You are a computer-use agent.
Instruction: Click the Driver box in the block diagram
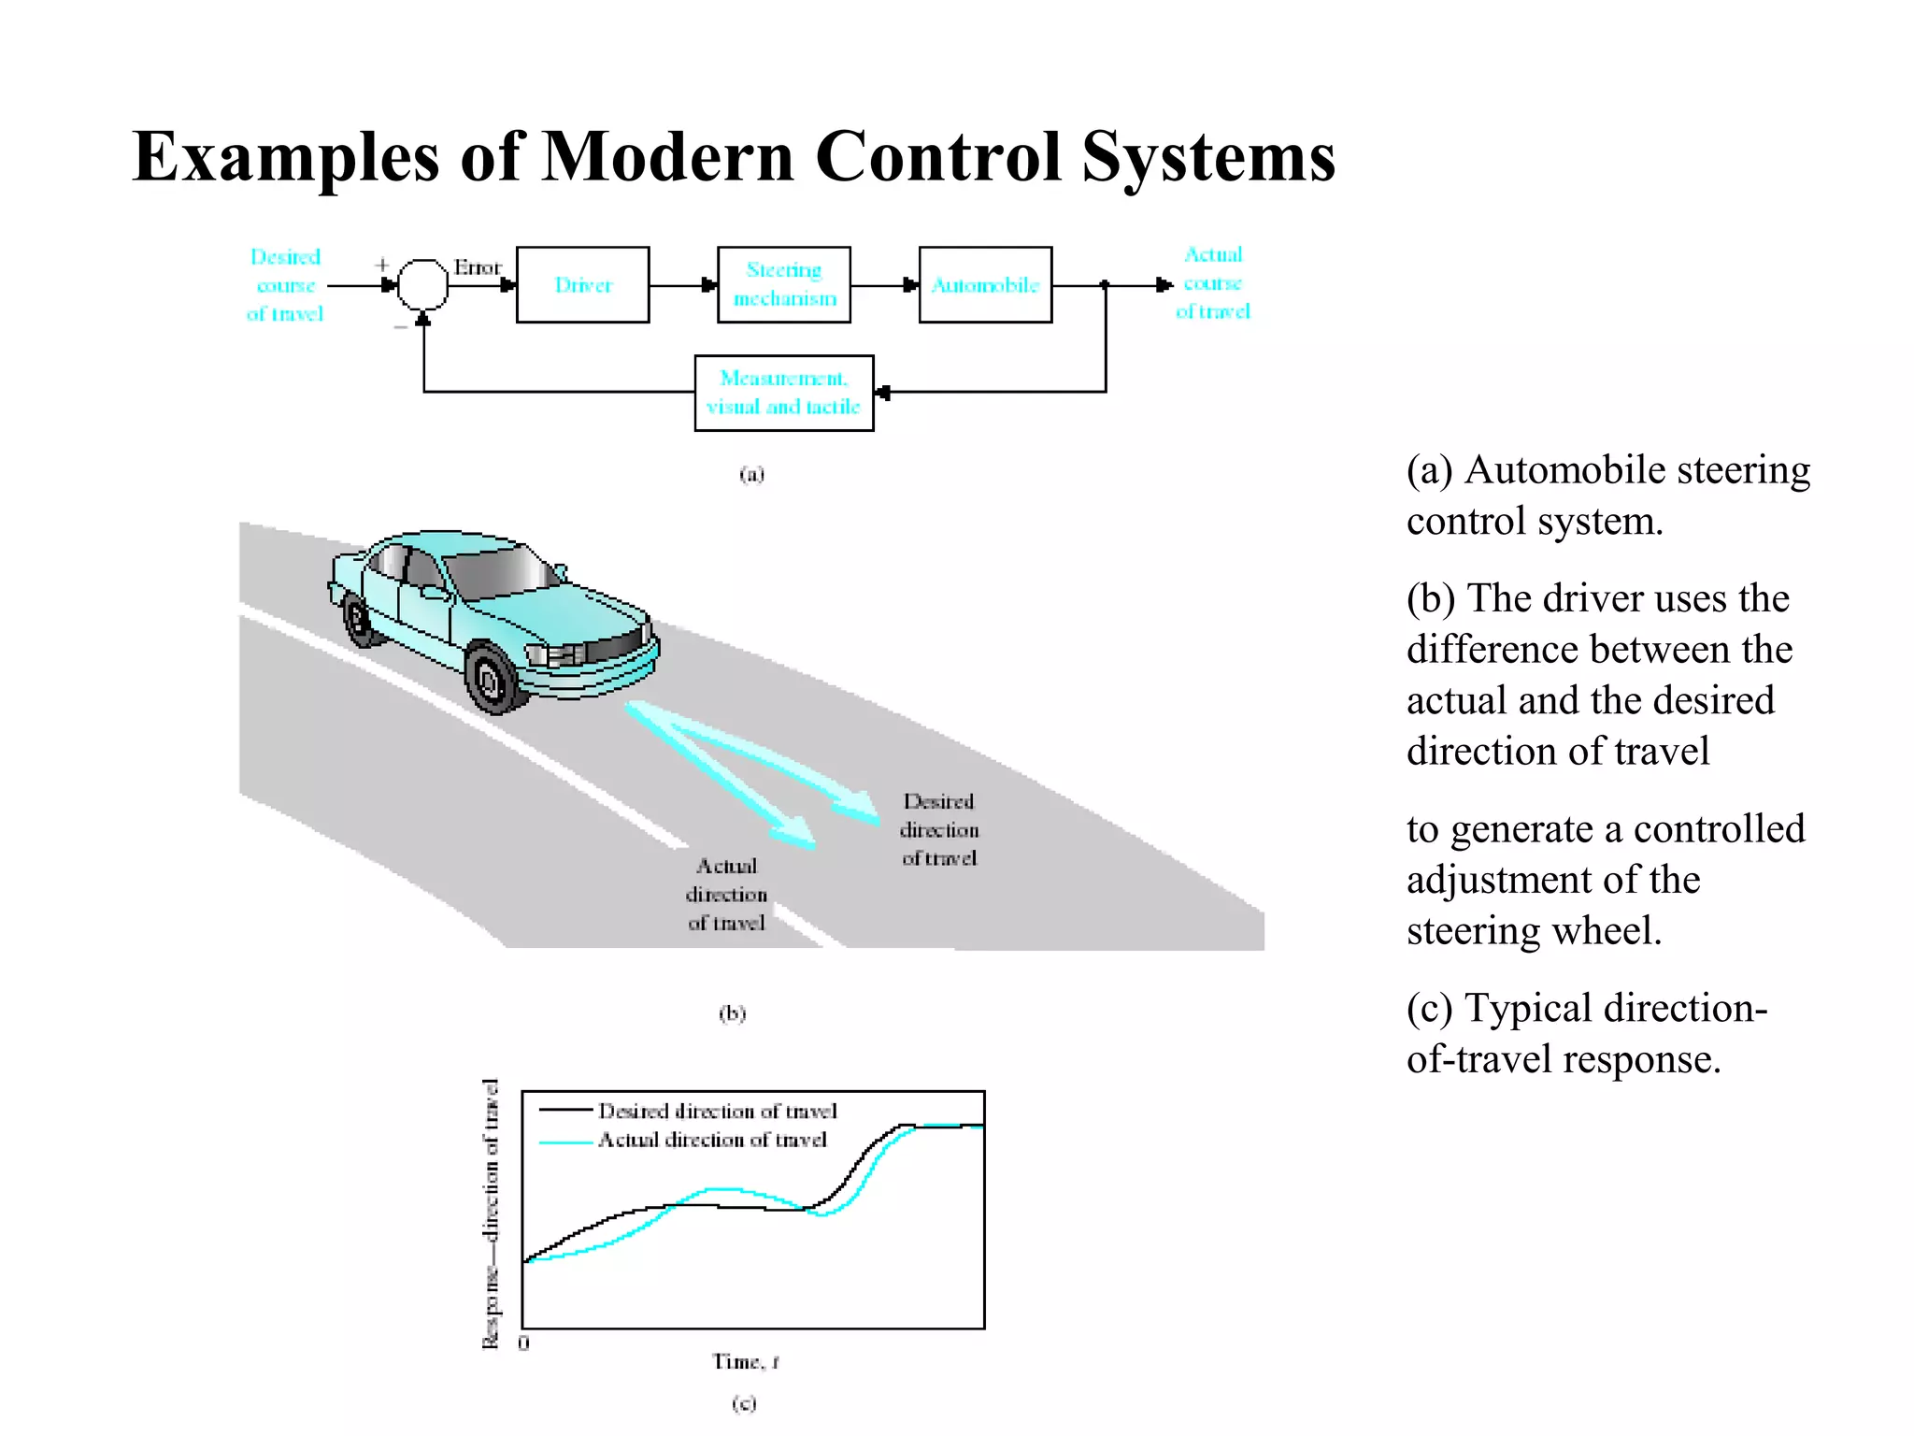tap(582, 284)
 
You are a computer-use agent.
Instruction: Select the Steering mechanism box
tap(783, 284)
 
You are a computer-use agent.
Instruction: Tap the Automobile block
tap(985, 284)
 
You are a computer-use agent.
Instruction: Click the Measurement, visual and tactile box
tap(783, 393)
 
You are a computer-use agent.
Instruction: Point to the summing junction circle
tap(422, 284)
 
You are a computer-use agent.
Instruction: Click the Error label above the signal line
tap(478, 267)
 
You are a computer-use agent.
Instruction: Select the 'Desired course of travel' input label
tap(285, 284)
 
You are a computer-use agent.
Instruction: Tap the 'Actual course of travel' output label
tap(1212, 282)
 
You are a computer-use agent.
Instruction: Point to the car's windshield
tap(500, 570)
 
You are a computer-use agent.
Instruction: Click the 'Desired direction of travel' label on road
tap(939, 829)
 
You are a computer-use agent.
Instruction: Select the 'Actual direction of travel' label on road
tap(726, 894)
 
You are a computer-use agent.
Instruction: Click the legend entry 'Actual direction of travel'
tap(712, 1140)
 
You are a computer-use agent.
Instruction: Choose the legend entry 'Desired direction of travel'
tap(717, 1111)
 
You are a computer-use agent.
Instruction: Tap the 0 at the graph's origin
tap(523, 1343)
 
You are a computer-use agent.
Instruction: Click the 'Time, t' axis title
tap(745, 1362)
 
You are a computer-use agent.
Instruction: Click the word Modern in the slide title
tap(668, 156)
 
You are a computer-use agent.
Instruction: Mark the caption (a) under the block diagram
tap(751, 474)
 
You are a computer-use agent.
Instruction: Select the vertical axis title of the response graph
tap(490, 1213)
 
